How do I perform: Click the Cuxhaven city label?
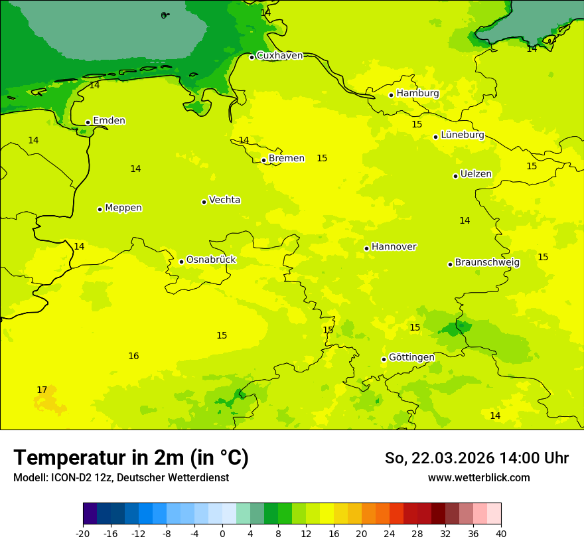[x=279, y=56]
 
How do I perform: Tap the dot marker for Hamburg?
[x=392, y=95]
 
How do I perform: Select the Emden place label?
[x=109, y=121]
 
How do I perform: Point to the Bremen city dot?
[x=263, y=160]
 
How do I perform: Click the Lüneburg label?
[x=462, y=135]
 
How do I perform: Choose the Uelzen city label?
[x=476, y=175]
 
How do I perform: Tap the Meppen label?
[x=123, y=208]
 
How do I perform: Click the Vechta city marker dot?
[x=204, y=202]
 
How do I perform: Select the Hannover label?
[x=394, y=247]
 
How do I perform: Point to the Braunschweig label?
[x=487, y=263]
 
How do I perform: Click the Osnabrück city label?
[x=210, y=260]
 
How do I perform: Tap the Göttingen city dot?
[x=384, y=359]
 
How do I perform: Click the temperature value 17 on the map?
[x=42, y=390]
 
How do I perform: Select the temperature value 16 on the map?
[x=133, y=356]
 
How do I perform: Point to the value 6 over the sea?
[x=163, y=15]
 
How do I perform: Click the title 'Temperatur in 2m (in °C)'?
[x=131, y=458]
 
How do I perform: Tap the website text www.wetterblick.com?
[x=478, y=478]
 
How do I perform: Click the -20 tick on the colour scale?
[x=83, y=533]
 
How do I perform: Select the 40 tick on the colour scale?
[x=500, y=533]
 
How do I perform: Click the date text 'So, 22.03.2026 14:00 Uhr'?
[x=476, y=458]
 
